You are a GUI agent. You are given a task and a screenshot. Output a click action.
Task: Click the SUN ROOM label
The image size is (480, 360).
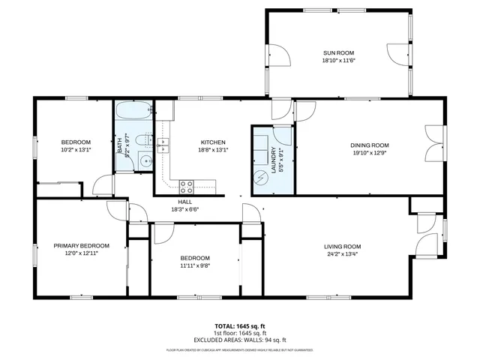coord(338,52)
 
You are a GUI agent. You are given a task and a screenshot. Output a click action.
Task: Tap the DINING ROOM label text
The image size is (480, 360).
coord(370,145)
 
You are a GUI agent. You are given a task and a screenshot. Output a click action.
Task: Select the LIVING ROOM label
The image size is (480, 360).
coord(343,247)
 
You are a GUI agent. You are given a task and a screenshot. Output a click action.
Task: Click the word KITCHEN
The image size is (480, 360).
coord(213,142)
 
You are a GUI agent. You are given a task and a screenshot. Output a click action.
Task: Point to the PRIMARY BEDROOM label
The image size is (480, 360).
coord(81,245)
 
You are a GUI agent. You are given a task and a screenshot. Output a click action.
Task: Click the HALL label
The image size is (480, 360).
coord(184,202)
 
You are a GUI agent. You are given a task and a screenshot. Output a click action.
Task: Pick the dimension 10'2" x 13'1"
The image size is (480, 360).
coord(76,149)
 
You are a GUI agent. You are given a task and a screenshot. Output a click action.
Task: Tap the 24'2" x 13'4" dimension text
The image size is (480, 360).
coord(343,254)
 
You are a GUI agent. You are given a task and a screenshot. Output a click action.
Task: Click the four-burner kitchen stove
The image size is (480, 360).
coord(186,184)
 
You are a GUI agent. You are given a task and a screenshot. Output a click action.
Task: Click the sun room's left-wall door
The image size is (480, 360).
coord(278,56)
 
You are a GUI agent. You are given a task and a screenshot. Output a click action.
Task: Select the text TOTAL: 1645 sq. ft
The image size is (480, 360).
coord(240,326)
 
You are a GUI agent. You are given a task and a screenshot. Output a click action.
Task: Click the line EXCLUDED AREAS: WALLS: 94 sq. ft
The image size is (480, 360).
coord(240,340)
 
